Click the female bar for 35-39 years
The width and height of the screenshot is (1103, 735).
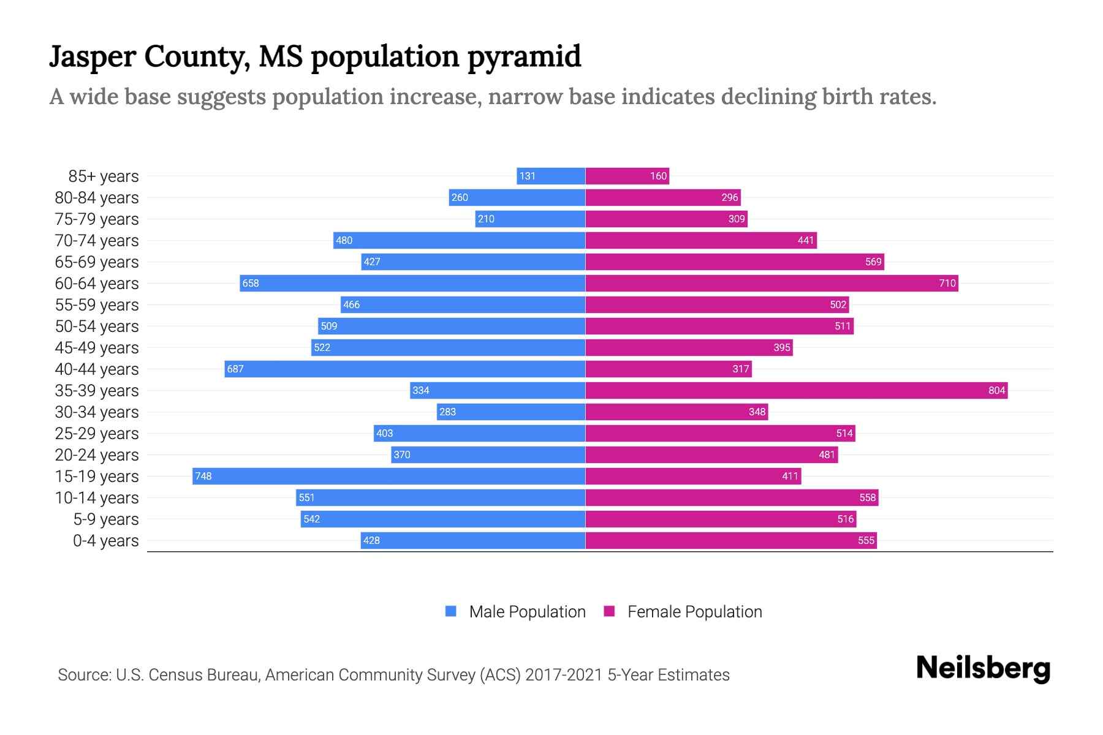[796, 390]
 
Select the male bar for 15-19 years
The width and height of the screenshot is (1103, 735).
[389, 476]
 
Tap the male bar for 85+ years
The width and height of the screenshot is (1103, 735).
[551, 176]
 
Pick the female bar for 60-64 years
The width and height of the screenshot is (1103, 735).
[771, 283]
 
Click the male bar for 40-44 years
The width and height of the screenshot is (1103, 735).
[404, 369]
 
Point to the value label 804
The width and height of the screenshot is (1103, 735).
[996, 390]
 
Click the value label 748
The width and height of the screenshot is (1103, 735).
[203, 476]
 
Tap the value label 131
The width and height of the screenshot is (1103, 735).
[527, 176]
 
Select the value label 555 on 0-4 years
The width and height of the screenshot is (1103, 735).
[866, 540]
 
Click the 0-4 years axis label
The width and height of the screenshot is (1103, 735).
[105, 541]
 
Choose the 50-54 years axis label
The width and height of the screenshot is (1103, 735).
[97, 326]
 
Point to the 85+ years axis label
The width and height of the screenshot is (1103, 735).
[103, 176]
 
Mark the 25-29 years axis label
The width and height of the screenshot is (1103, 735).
[97, 434]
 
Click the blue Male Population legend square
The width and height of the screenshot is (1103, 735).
[451, 611]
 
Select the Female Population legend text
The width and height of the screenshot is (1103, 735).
[694, 611]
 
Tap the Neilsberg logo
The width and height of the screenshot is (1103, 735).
[983, 668]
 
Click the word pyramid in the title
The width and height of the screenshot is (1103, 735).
[524, 56]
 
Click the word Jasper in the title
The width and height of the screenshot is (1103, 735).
[93, 56]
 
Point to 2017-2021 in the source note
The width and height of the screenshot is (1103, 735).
[564, 675]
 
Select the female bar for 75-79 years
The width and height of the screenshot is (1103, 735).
[666, 219]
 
